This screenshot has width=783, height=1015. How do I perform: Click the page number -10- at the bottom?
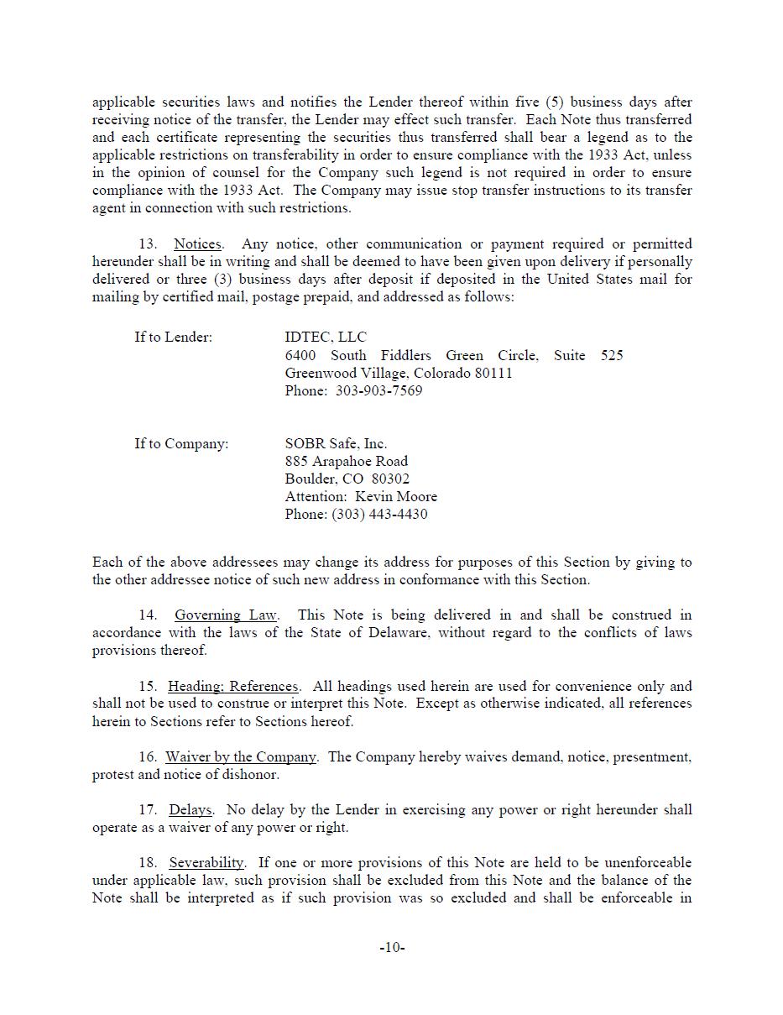coord(392,948)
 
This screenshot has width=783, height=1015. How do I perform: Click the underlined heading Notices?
coord(197,244)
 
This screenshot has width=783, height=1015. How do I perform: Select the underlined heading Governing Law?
coord(226,615)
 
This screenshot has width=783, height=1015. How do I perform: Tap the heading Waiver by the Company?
coord(241,757)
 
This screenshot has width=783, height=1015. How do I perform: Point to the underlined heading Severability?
coord(206,863)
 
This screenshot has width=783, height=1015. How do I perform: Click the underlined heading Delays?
coord(190,810)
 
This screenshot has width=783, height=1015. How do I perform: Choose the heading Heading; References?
coord(232,687)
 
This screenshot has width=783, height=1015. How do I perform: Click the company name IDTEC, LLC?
coord(326,337)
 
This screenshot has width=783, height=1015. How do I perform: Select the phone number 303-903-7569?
coord(378,391)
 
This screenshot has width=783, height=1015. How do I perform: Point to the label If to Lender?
coord(173,337)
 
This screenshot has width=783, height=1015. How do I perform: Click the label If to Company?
coord(180,444)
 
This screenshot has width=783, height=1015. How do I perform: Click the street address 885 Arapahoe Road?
coord(346,462)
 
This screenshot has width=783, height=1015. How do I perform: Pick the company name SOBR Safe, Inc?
coord(336,444)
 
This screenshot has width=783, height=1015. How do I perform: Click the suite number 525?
coord(612,356)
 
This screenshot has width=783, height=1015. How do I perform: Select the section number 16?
coord(148,757)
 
